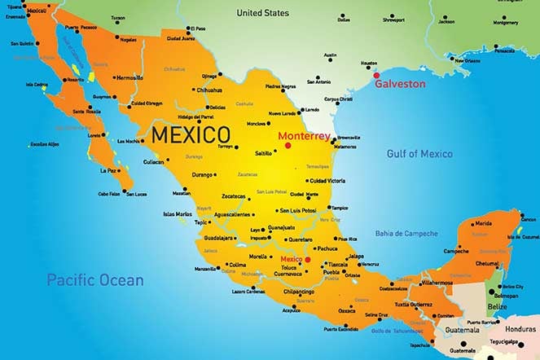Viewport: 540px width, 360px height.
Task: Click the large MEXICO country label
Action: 190,134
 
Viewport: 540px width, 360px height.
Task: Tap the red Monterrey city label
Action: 304,136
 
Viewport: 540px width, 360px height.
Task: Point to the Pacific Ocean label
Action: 94,280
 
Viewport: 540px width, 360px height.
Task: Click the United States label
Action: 262,13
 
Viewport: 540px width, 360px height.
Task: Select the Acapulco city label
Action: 291,310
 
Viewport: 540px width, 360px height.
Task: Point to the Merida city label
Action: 483,223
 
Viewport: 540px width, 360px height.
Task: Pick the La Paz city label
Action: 108,171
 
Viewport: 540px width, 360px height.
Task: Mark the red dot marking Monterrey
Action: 288,146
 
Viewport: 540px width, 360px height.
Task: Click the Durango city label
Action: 202,174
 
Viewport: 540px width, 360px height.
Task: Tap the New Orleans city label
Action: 467,60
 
